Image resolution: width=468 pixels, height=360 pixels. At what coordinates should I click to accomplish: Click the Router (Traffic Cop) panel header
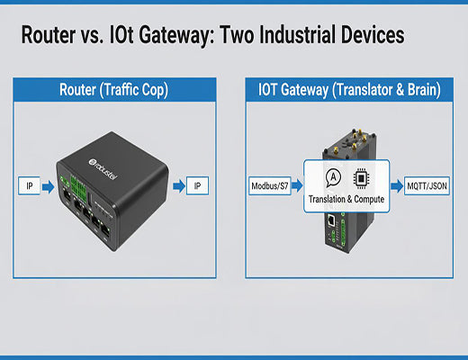tap(115, 90)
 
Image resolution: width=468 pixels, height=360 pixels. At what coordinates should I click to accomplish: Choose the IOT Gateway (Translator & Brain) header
tap(348, 90)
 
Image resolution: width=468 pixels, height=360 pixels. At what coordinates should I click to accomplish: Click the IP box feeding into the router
tap(29, 187)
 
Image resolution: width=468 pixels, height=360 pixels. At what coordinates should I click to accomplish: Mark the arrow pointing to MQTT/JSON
tap(397, 187)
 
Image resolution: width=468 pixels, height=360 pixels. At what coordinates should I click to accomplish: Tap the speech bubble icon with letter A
tap(334, 177)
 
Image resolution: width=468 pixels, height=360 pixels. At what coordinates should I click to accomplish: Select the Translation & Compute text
tap(346, 198)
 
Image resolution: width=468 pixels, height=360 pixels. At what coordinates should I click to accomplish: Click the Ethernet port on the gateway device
tap(332, 220)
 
